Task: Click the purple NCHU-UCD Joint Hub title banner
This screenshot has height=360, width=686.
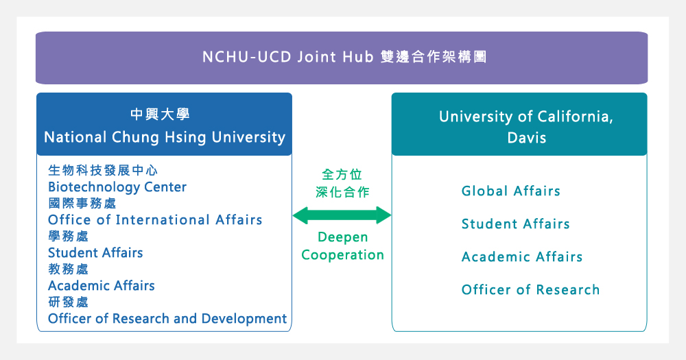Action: (x=341, y=58)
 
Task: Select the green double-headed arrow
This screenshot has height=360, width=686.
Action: (x=342, y=215)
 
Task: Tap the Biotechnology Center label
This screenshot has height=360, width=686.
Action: (x=117, y=187)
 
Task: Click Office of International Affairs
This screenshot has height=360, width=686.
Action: (x=155, y=219)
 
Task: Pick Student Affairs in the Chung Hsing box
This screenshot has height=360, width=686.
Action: (x=95, y=253)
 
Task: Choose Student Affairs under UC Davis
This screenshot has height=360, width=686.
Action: (x=515, y=224)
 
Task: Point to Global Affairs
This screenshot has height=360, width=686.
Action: (x=510, y=191)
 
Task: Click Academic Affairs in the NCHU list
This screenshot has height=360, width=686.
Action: (x=102, y=286)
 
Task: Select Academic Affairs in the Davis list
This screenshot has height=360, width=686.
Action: (x=522, y=256)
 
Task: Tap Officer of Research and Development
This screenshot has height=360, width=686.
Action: (x=167, y=319)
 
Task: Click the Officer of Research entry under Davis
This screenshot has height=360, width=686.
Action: (x=530, y=289)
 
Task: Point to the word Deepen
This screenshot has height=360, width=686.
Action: (x=342, y=237)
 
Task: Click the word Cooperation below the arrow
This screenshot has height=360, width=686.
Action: (x=342, y=255)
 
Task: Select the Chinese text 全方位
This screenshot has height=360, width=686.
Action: (x=342, y=175)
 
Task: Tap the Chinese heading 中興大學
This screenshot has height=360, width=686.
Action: (x=160, y=114)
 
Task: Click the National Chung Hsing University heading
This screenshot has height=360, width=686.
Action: (x=165, y=137)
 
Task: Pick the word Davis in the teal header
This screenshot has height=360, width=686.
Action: (x=527, y=138)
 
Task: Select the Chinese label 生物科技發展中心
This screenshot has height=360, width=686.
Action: (x=103, y=170)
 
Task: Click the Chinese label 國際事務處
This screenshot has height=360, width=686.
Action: (x=82, y=204)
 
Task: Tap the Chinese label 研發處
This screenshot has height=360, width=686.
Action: (x=68, y=302)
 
